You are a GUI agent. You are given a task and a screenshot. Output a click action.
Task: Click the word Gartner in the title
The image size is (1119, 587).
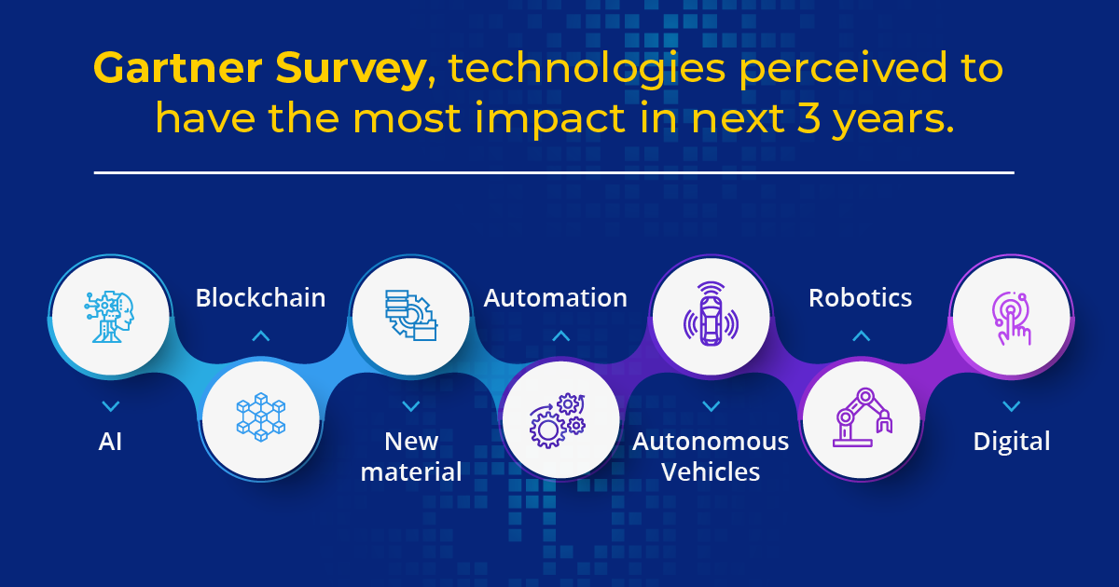(178, 68)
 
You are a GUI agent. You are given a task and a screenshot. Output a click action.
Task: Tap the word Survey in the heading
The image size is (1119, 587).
(351, 70)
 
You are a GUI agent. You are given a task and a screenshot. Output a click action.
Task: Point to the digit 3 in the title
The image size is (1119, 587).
(808, 117)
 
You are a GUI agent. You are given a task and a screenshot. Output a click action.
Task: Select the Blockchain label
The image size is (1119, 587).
(260, 297)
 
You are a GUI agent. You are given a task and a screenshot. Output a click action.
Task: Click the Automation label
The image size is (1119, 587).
(556, 297)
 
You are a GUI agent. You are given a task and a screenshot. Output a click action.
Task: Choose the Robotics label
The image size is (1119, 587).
(860, 297)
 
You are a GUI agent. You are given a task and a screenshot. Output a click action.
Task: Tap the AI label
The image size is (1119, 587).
(110, 442)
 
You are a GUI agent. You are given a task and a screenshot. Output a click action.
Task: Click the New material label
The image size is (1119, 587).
(411, 457)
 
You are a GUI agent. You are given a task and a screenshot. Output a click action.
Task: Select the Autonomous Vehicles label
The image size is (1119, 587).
(711, 457)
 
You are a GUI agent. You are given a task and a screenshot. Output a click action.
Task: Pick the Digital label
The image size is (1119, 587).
(1012, 443)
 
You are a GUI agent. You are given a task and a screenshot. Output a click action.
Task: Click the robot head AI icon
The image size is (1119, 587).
(109, 317)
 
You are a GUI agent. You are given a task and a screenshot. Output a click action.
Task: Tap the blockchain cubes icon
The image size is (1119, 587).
(261, 417)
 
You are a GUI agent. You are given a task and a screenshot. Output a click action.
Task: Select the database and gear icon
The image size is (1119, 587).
(411, 316)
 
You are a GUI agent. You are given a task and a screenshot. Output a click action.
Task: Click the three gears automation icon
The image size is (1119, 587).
(557, 420)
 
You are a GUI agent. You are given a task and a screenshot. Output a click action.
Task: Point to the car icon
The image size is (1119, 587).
(711, 314)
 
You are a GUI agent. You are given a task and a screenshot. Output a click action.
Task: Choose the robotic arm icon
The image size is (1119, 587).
(863, 417)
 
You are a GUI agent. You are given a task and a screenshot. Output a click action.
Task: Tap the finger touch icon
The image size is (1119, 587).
(1012, 319)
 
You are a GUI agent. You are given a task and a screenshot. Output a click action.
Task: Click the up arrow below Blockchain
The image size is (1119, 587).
(261, 335)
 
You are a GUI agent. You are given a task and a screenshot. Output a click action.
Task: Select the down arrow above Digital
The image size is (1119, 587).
(1012, 406)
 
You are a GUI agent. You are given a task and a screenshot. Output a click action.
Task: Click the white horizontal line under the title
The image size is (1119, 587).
(554, 172)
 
